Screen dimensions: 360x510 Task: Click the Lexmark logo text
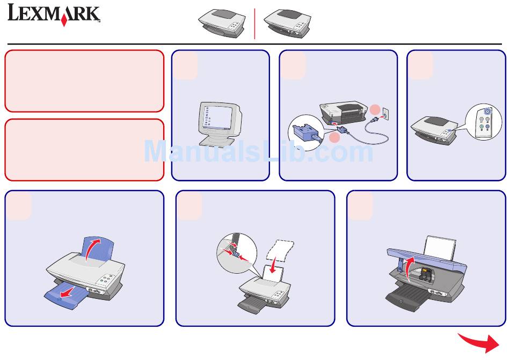(x=53, y=14)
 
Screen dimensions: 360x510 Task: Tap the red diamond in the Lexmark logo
(x=64, y=21)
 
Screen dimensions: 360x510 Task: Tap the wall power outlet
(x=384, y=114)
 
